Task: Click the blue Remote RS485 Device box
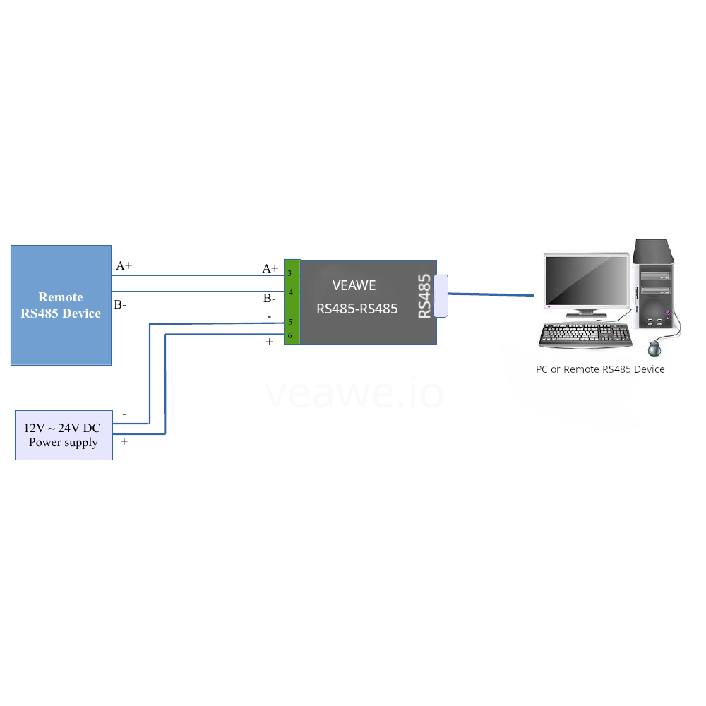[61, 305]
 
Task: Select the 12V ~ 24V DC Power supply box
[64, 435]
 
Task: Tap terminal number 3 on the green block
[290, 273]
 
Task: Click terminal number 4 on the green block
[290, 292]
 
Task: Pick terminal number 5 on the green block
[290, 322]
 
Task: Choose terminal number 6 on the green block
[290, 335]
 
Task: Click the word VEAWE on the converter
[354, 286]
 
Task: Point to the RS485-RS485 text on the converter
[357, 309]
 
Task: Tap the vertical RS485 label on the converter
[424, 297]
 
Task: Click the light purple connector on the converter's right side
[441, 296]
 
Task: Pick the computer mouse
[657, 348]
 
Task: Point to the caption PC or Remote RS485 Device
[600, 369]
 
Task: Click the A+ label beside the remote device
[124, 266]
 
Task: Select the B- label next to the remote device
[120, 305]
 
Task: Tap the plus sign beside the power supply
[124, 441]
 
